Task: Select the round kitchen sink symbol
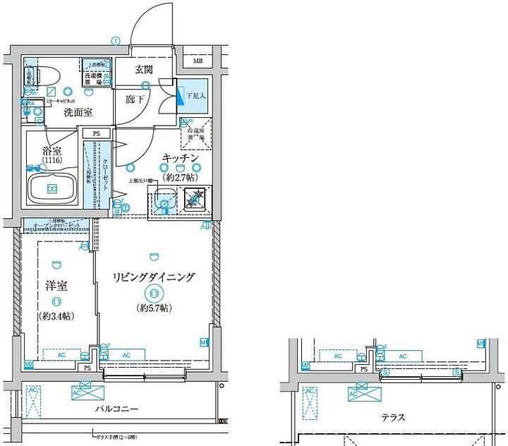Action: coord(164,205)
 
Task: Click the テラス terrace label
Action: coord(393,418)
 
